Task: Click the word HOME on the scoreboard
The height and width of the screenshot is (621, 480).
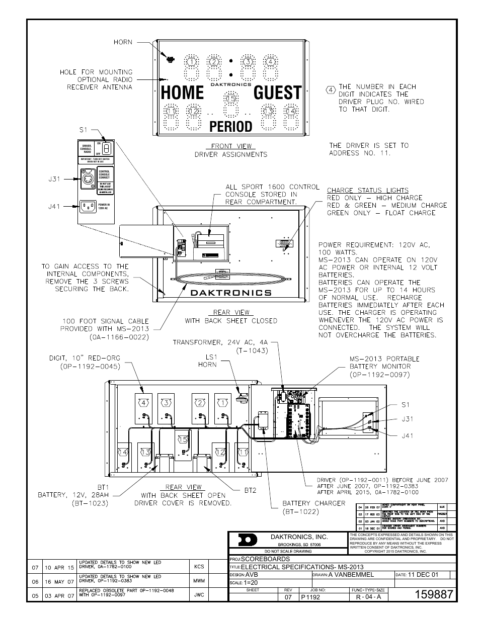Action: click(x=183, y=93)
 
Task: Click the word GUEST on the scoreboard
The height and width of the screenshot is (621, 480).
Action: click(x=277, y=93)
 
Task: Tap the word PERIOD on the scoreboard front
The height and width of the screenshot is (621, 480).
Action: click(x=230, y=126)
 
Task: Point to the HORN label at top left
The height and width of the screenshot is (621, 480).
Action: click(x=123, y=42)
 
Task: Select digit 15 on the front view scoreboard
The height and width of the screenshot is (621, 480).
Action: click(x=230, y=99)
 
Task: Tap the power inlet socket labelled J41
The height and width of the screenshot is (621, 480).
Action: click(x=89, y=206)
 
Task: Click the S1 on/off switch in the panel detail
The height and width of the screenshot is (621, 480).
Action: click(x=106, y=148)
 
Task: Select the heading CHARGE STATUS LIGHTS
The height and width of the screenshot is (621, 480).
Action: click(x=367, y=190)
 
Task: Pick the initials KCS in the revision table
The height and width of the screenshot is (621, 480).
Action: click(x=199, y=567)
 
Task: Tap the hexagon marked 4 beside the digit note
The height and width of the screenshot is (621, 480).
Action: click(x=331, y=90)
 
